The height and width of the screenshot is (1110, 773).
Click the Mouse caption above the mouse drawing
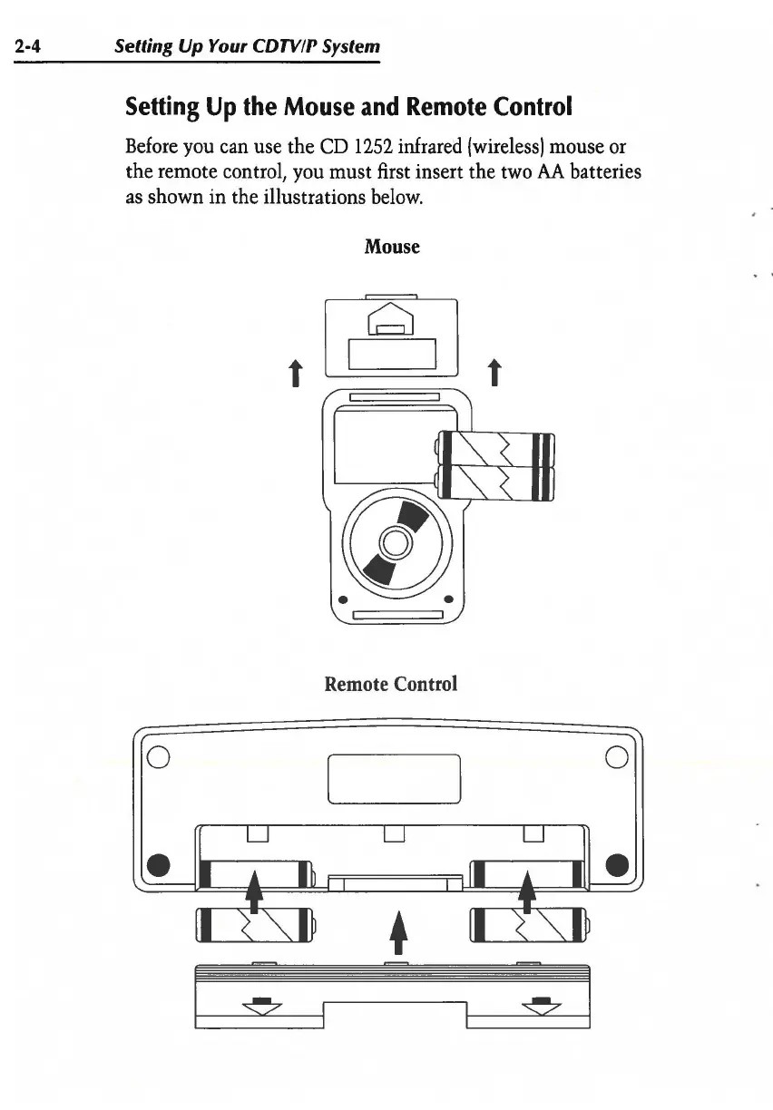click(392, 246)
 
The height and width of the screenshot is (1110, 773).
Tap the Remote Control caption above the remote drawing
click(391, 683)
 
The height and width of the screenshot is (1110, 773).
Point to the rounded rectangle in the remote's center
click(394, 778)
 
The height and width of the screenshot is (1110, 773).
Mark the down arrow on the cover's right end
click(540, 1002)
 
